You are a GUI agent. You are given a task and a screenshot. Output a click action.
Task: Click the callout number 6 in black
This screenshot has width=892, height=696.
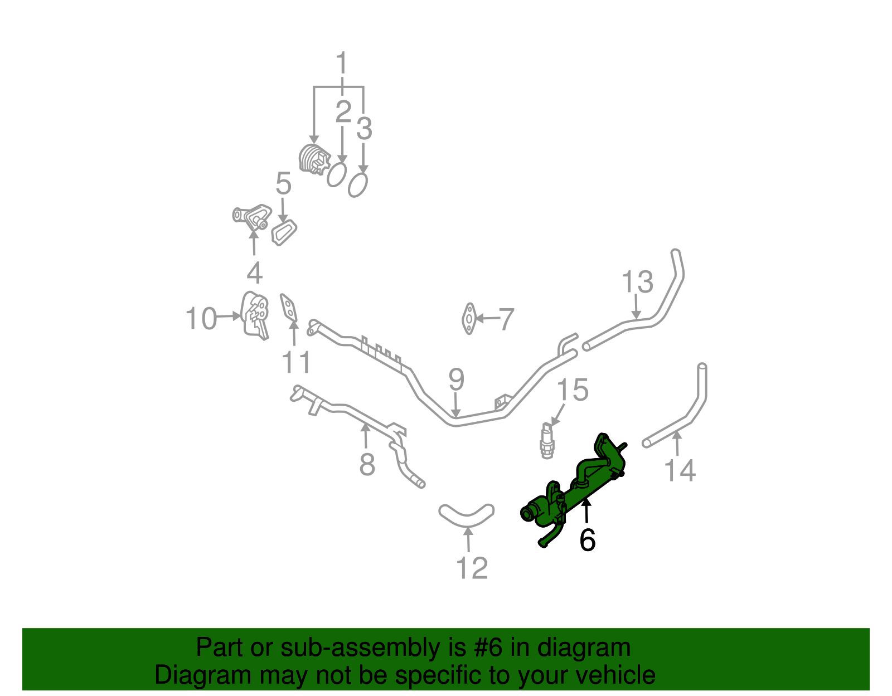(x=587, y=539)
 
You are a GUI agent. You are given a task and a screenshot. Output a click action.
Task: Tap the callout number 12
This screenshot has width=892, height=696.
(x=472, y=568)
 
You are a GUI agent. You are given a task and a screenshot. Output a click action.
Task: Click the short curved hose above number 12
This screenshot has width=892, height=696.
(x=467, y=514)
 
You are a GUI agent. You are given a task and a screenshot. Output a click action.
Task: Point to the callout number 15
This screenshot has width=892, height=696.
(x=573, y=390)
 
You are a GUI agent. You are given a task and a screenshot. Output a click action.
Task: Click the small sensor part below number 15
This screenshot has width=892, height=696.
(x=547, y=441)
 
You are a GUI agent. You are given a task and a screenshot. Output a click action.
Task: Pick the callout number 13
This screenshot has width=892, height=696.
(x=637, y=282)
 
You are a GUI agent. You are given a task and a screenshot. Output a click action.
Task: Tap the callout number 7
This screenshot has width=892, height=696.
(x=506, y=319)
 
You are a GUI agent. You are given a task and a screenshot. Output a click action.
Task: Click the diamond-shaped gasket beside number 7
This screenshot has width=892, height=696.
(x=469, y=319)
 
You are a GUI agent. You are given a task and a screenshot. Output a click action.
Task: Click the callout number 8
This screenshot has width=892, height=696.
(x=366, y=464)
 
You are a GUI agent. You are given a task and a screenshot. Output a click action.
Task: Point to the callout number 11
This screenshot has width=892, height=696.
(x=296, y=362)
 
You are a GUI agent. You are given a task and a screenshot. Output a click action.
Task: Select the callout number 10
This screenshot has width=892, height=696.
(x=201, y=319)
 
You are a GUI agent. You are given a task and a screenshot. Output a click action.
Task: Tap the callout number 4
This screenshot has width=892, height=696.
(x=254, y=273)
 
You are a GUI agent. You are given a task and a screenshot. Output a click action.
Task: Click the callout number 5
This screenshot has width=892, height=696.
(x=283, y=183)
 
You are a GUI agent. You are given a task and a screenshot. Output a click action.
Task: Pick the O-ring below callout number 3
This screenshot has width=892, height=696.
(x=358, y=184)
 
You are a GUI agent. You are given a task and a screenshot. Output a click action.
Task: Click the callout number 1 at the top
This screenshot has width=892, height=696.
(x=341, y=64)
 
